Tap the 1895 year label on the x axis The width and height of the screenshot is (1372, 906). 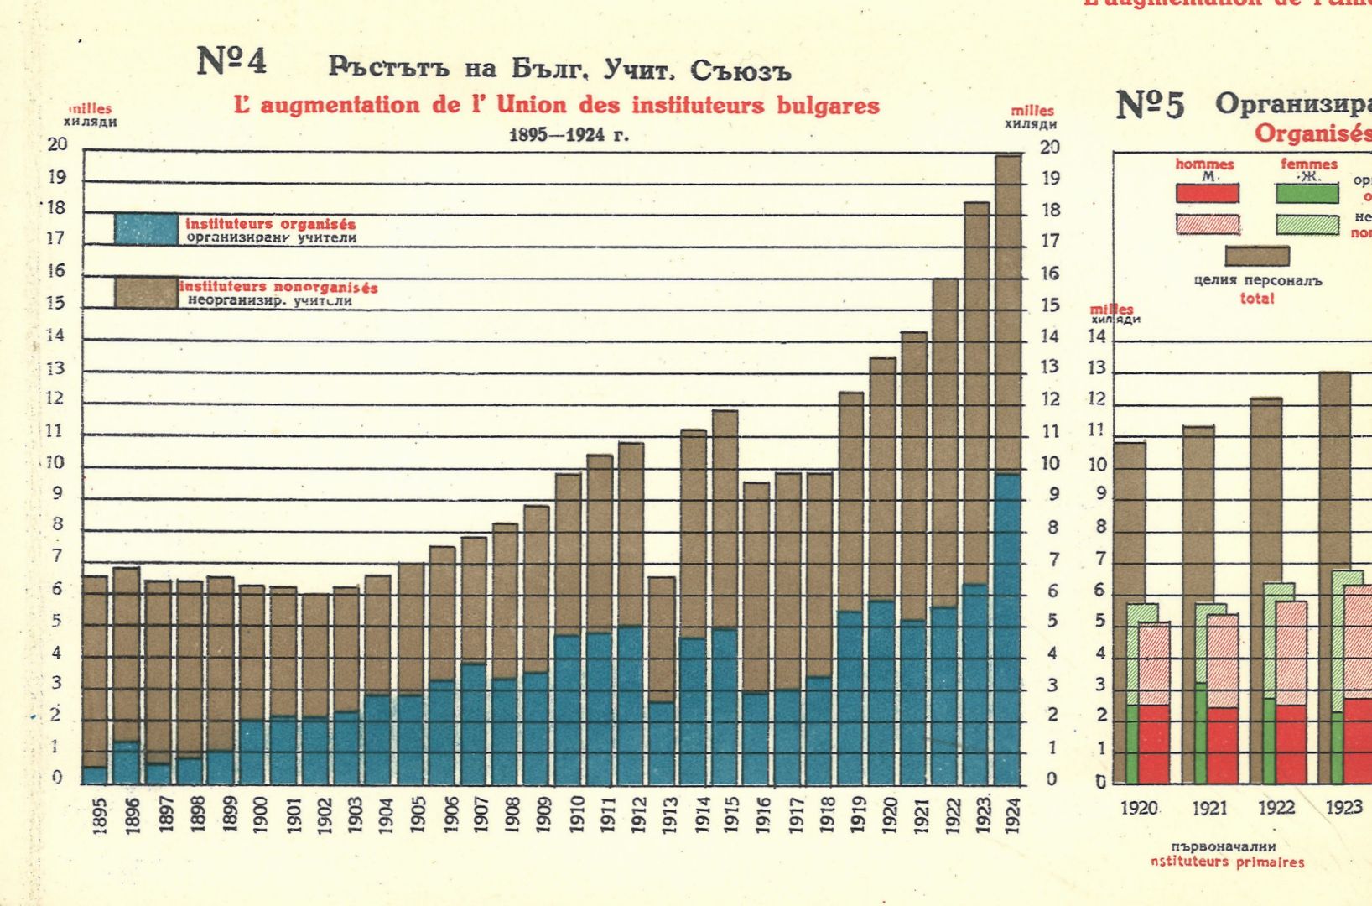100,815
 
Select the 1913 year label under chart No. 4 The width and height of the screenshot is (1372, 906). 670,815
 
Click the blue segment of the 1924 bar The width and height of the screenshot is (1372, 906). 1008,629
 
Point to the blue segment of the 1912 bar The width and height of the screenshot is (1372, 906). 631,705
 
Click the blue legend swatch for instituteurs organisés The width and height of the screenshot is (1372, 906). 146,229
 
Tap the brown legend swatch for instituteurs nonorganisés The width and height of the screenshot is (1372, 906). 146,292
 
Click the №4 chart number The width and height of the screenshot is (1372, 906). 231,61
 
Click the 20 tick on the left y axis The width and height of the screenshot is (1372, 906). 57,144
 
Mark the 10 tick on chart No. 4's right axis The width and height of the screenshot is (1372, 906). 1050,463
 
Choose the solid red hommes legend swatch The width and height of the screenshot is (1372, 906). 1207,193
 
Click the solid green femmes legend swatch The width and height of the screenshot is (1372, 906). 1307,193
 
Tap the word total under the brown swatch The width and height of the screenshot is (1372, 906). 1256,298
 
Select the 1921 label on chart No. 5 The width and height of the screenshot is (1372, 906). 1209,808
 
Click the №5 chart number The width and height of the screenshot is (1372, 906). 1150,106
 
